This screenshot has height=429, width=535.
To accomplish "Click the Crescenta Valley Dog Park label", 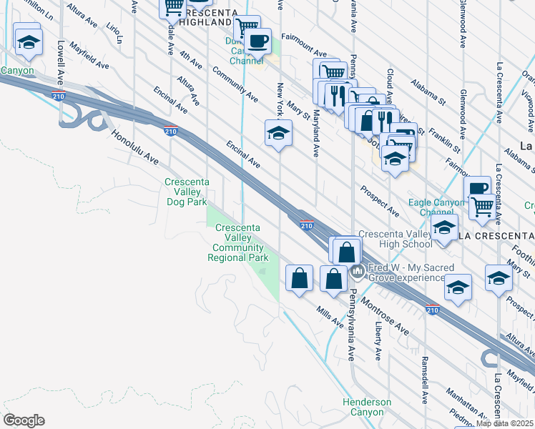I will (187, 192).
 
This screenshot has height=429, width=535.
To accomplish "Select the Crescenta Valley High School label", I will (395, 240).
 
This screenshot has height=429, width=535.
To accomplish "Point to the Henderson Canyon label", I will (367, 407).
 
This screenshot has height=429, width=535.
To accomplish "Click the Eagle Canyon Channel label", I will (436, 207).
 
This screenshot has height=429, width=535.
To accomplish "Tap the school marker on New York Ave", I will (278, 133).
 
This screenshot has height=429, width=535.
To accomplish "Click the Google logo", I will (24, 420).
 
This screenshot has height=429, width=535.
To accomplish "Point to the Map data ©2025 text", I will (505, 423).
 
